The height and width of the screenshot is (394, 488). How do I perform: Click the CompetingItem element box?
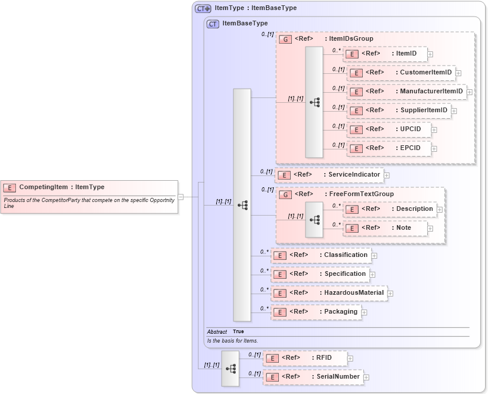click(89, 187)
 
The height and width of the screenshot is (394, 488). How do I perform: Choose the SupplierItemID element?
click(399, 110)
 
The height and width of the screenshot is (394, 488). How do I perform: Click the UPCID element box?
click(389, 129)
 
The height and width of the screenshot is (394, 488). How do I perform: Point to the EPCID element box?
click(389, 148)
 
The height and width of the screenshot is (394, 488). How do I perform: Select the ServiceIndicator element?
click(330, 175)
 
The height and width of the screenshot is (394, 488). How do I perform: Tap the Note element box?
click(385, 228)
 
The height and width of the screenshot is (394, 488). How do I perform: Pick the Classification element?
click(321, 255)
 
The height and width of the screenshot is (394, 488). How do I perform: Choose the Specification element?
click(320, 274)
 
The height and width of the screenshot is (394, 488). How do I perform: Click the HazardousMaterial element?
click(329, 293)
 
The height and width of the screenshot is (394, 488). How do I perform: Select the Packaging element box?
click(316, 312)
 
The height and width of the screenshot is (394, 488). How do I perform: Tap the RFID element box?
click(305, 358)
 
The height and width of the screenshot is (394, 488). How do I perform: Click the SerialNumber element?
click(313, 377)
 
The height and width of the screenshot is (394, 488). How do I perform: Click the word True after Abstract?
click(238, 331)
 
